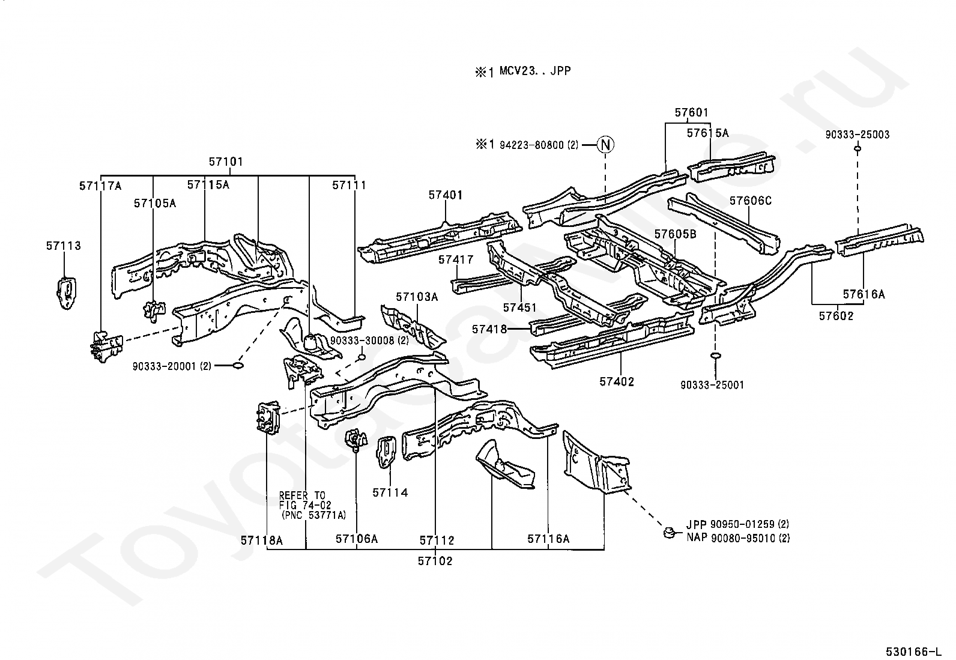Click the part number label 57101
pyautogui.click(x=226, y=162)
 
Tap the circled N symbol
pyautogui.click(x=605, y=145)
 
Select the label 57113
pyautogui.click(x=64, y=246)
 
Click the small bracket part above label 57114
pyautogui.click(x=386, y=452)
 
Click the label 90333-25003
pyautogui.click(x=857, y=135)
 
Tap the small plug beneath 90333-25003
pyautogui.click(x=857, y=148)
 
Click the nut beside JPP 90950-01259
pyautogui.click(x=669, y=532)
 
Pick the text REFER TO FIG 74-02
pyautogui.click(x=304, y=500)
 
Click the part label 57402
pyautogui.click(x=617, y=382)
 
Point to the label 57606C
pyautogui.click(x=750, y=201)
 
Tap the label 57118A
pyautogui.click(x=262, y=540)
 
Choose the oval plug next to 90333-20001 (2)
pyautogui.click(x=238, y=365)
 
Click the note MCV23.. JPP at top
pyautogui.click(x=535, y=71)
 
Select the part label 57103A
pyautogui.click(x=417, y=297)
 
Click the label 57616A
pyautogui.click(x=864, y=294)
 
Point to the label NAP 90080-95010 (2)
pyautogui.click(x=738, y=538)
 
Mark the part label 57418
pyautogui.click(x=489, y=329)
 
